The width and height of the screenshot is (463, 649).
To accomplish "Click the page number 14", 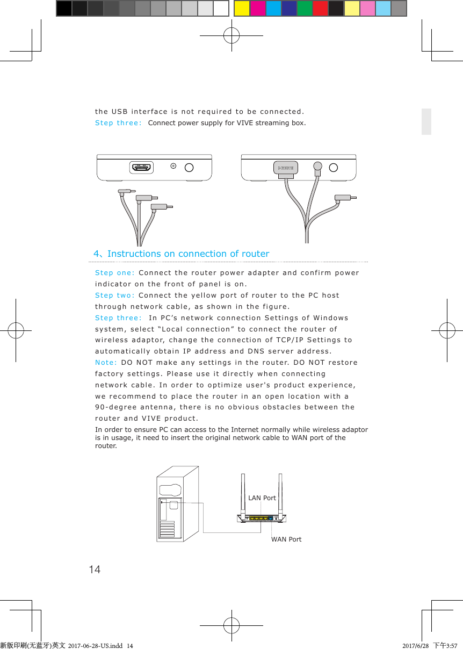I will pos(95,569).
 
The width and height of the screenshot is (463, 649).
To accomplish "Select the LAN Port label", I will pos(262,498).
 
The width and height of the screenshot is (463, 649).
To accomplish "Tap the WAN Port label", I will pos(286,539).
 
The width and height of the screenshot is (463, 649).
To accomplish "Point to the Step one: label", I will pos(114,273).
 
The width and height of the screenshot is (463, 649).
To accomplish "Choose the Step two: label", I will pos(114,295).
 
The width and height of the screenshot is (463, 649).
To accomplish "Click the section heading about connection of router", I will pos(182,254).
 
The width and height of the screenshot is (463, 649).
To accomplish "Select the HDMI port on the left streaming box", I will pos(142,168).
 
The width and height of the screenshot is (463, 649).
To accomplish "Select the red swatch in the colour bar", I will pos(320,9).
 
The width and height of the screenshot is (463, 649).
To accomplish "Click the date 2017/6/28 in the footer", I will pos(416,645).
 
